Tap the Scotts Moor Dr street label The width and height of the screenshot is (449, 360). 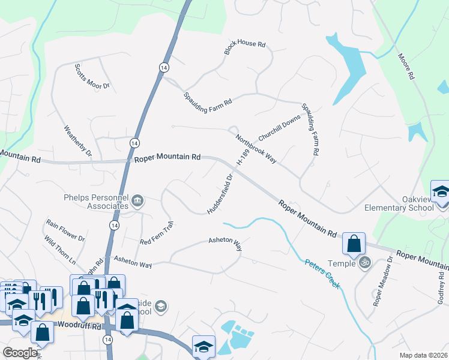92,77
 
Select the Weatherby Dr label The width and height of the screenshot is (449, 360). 77,140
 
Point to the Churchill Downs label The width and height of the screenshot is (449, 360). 279,127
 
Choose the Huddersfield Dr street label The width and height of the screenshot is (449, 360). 220,193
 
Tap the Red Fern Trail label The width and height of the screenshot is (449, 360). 156,233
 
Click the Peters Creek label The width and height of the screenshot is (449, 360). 322,274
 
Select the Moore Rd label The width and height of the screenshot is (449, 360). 406,67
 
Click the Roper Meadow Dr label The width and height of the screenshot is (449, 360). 382,281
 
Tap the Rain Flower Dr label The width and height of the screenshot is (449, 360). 65,230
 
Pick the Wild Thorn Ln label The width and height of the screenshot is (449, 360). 60,250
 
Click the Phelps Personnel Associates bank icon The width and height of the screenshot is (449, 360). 137,200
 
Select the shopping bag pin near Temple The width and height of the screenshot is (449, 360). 354,244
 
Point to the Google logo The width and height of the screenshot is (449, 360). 20,353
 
